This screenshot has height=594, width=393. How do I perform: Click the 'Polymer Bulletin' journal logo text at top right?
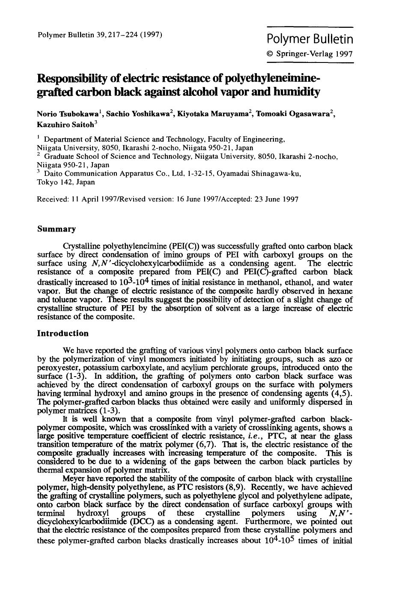[310, 39]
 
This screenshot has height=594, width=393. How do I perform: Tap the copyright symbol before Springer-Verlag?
[270, 54]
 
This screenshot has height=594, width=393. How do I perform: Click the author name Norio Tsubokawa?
[68, 114]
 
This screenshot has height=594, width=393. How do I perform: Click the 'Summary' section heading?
[57, 229]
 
